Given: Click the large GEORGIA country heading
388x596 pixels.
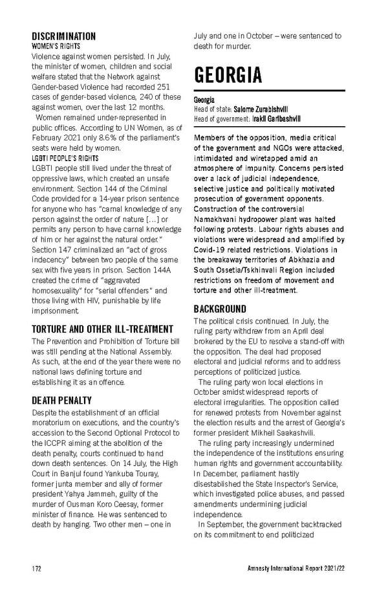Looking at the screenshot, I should pyautogui.click(x=228, y=75).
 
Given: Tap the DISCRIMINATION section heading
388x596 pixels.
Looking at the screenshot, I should pyautogui.click(x=63, y=36).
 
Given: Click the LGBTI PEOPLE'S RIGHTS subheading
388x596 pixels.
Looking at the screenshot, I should pyautogui.click(x=65, y=158).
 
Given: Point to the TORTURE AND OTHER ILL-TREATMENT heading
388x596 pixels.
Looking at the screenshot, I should pyautogui.click(x=102, y=329).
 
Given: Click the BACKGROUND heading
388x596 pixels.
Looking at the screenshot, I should pyautogui.click(x=220, y=309).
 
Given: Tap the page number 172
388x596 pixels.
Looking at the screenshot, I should pyautogui.click(x=38, y=568).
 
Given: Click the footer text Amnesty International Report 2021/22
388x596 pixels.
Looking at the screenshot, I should pyautogui.click(x=296, y=568).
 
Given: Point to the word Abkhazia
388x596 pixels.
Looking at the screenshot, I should pyautogui.click(x=304, y=259).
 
